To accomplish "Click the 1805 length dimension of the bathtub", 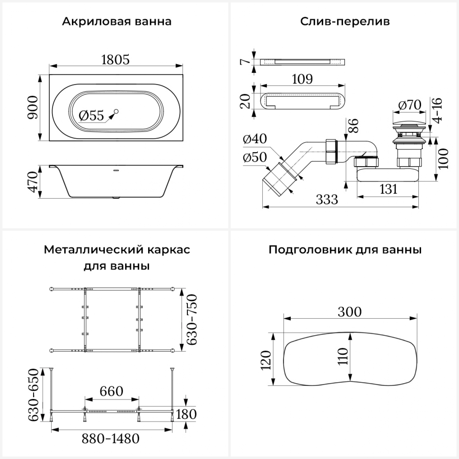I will click(115, 59).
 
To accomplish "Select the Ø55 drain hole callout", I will click(91, 116).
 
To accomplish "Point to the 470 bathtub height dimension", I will click(33, 182).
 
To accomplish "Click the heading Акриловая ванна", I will click(117, 22).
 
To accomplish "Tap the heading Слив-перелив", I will click(345, 22).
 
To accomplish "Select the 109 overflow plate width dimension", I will click(302, 79).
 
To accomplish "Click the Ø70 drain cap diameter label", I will click(409, 105).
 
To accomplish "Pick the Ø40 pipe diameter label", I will click(255, 139).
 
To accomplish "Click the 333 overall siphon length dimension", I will click(327, 200).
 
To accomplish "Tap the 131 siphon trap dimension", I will click(388, 189).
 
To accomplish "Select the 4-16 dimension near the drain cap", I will click(438, 110).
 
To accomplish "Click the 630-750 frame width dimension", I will click(192, 319).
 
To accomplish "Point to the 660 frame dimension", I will click(111, 391).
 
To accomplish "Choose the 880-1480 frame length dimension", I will click(110, 439).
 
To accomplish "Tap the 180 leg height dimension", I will click(186, 414).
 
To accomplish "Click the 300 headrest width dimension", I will click(349, 312).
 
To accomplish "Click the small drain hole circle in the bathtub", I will click(116, 111).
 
